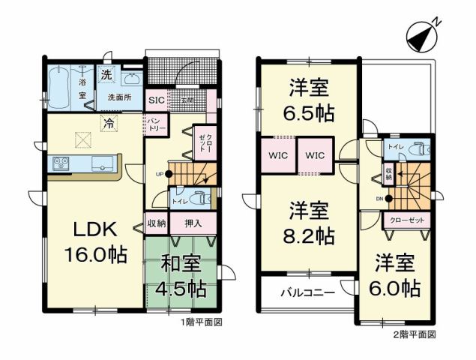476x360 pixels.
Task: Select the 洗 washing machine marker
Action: coord(107,75)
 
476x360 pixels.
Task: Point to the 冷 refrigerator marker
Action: coord(109,124)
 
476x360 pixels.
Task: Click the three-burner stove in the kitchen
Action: coord(60,163)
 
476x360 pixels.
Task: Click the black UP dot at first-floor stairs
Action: coord(169,174)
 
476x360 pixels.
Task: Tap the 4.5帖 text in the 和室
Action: coord(181,288)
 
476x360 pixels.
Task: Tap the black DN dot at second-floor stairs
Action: coord(389,199)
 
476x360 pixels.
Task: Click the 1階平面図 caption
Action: coord(202,322)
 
